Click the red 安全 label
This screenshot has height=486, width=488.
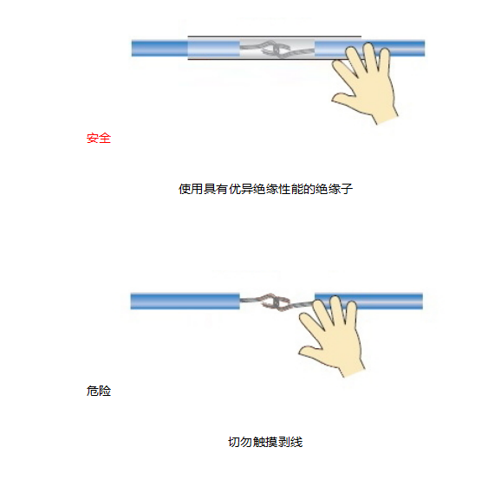(x=99, y=138)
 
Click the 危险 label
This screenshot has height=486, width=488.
(x=99, y=392)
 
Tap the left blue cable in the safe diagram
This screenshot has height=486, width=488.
(x=159, y=48)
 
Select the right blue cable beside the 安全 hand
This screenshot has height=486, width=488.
(x=408, y=48)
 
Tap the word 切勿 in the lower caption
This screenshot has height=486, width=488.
(x=239, y=443)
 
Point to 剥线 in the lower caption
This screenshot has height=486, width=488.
(x=290, y=443)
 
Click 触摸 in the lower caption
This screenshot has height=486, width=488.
(x=265, y=443)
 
